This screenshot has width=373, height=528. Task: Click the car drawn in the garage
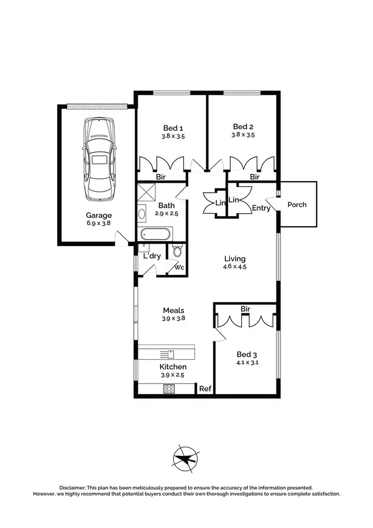[x=100, y=159]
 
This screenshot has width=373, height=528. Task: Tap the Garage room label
[x=98, y=215]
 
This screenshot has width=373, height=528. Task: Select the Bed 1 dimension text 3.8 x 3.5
[x=173, y=136]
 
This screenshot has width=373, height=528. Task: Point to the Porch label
[x=297, y=204]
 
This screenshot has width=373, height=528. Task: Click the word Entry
[x=261, y=208]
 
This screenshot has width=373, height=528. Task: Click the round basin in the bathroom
[x=142, y=214]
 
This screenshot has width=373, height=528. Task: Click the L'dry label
[x=152, y=256]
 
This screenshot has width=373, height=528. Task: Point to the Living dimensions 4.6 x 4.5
[x=235, y=266]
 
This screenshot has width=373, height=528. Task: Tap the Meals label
[x=173, y=310]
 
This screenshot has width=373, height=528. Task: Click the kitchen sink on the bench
[x=167, y=354]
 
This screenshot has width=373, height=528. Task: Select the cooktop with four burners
[x=169, y=389]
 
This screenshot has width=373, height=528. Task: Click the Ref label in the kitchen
[x=204, y=389]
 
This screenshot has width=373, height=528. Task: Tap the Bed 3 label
[x=245, y=355]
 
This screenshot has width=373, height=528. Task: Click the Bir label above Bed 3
[x=245, y=309]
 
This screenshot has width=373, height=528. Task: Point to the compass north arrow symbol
[x=186, y=457]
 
